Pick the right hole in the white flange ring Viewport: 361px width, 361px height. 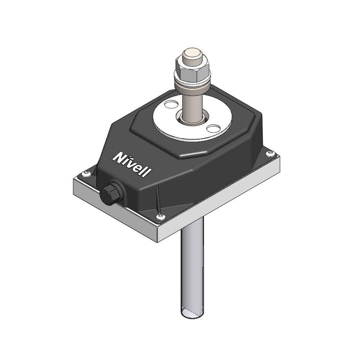(212, 128)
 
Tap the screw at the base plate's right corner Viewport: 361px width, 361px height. (271, 153)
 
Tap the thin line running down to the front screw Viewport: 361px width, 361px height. (158, 200)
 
